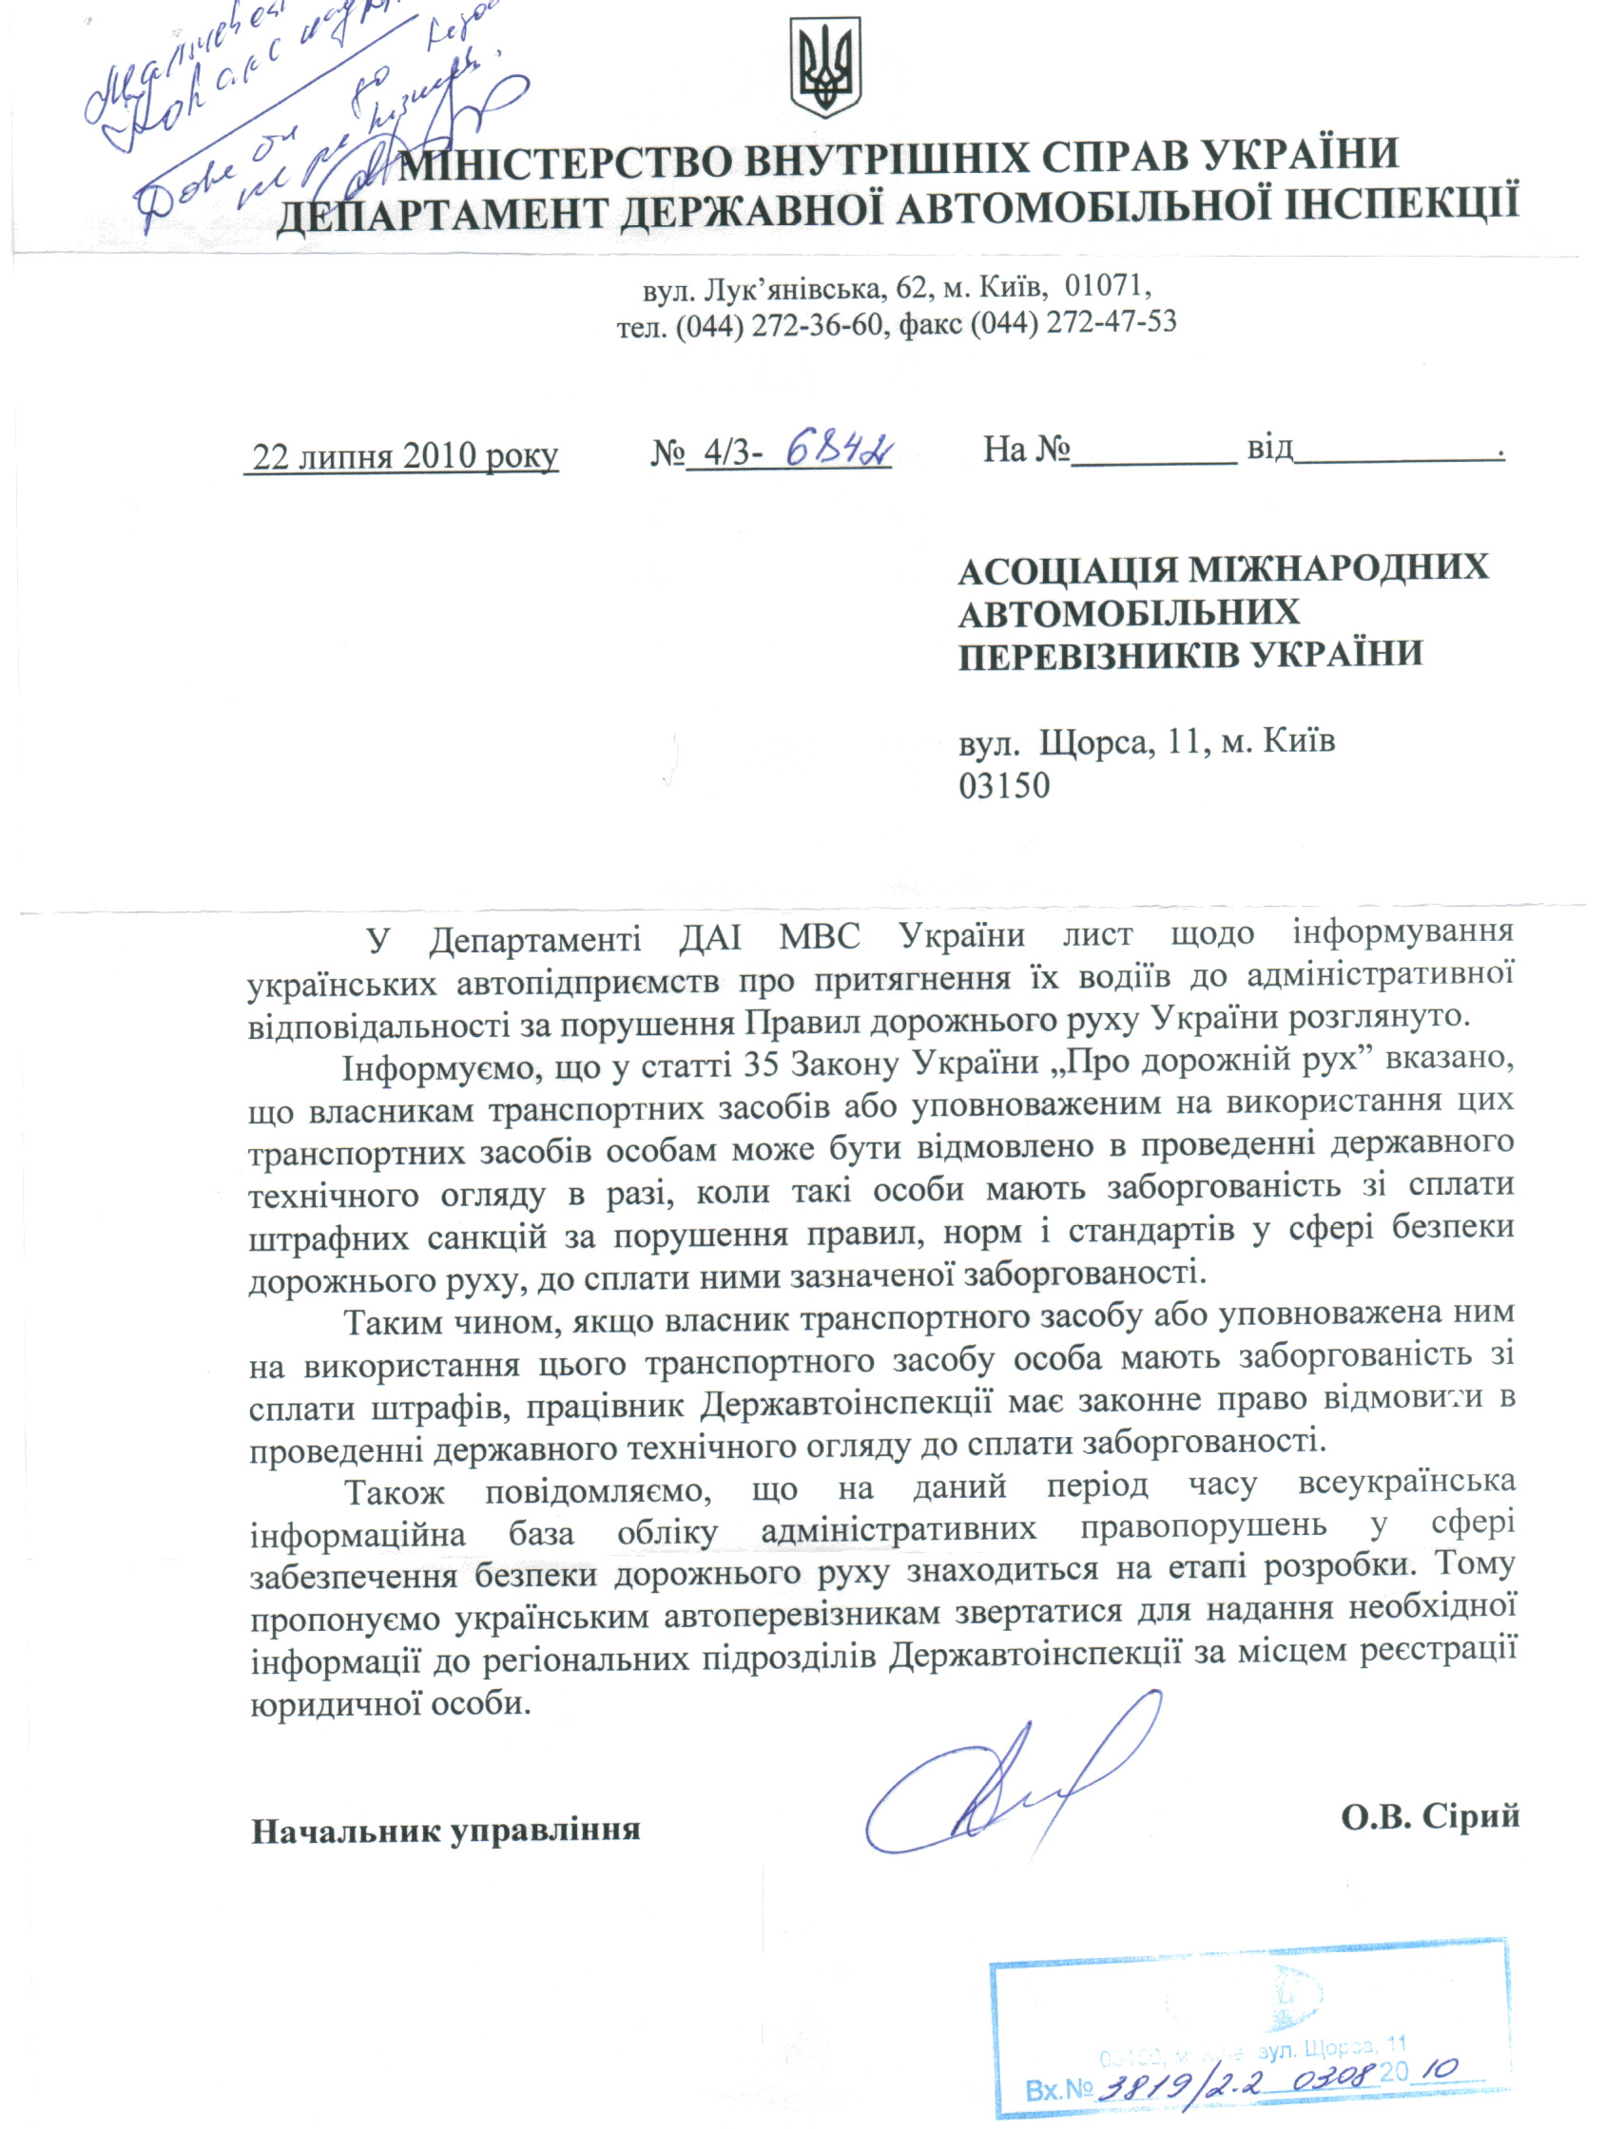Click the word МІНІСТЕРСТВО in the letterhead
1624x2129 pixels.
pos(570,161)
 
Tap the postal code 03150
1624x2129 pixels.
pos(1003,786)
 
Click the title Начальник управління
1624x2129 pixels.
pos(446,1831)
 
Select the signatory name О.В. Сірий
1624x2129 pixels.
pos(1430,1816)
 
